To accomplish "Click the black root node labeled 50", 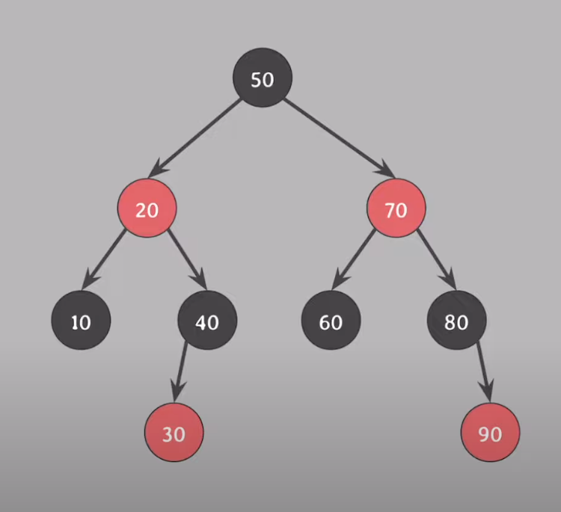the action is [263, 78].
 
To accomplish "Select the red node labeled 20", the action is [147, 208].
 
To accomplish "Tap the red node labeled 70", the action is [396, 208].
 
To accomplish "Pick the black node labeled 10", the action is [82, 320].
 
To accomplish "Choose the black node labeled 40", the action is [207, 320].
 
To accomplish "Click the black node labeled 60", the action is [331, 320].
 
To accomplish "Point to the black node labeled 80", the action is [457, 320].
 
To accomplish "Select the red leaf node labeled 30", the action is [174, 432].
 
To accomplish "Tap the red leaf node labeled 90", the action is [490, 432].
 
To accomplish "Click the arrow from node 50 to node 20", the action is [194, 138].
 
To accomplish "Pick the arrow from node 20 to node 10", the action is [104, 259].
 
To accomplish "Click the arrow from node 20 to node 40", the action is [187, 259].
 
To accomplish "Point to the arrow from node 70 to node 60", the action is [354, 259].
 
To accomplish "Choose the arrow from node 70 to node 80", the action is [437, 259].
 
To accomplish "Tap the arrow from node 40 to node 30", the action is [180, 371].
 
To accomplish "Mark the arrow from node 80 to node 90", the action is [483, 371].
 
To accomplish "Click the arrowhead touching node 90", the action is [488, 390].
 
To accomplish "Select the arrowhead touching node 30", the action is [177, 390].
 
